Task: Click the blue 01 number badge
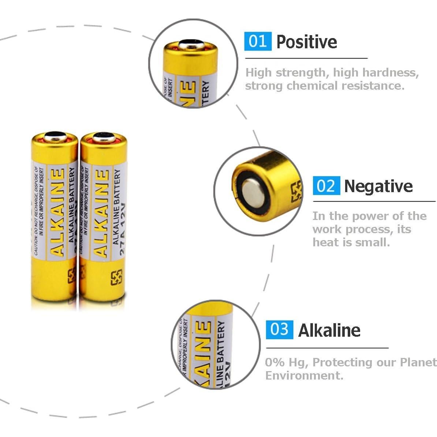(258, 41)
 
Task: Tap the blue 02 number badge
(326, 186)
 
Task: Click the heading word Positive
(307, 42)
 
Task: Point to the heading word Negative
(378, 186)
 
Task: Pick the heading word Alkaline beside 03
(329, 330)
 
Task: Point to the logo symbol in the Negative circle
(296, 191)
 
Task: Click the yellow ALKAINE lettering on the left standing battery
(57, 212)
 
